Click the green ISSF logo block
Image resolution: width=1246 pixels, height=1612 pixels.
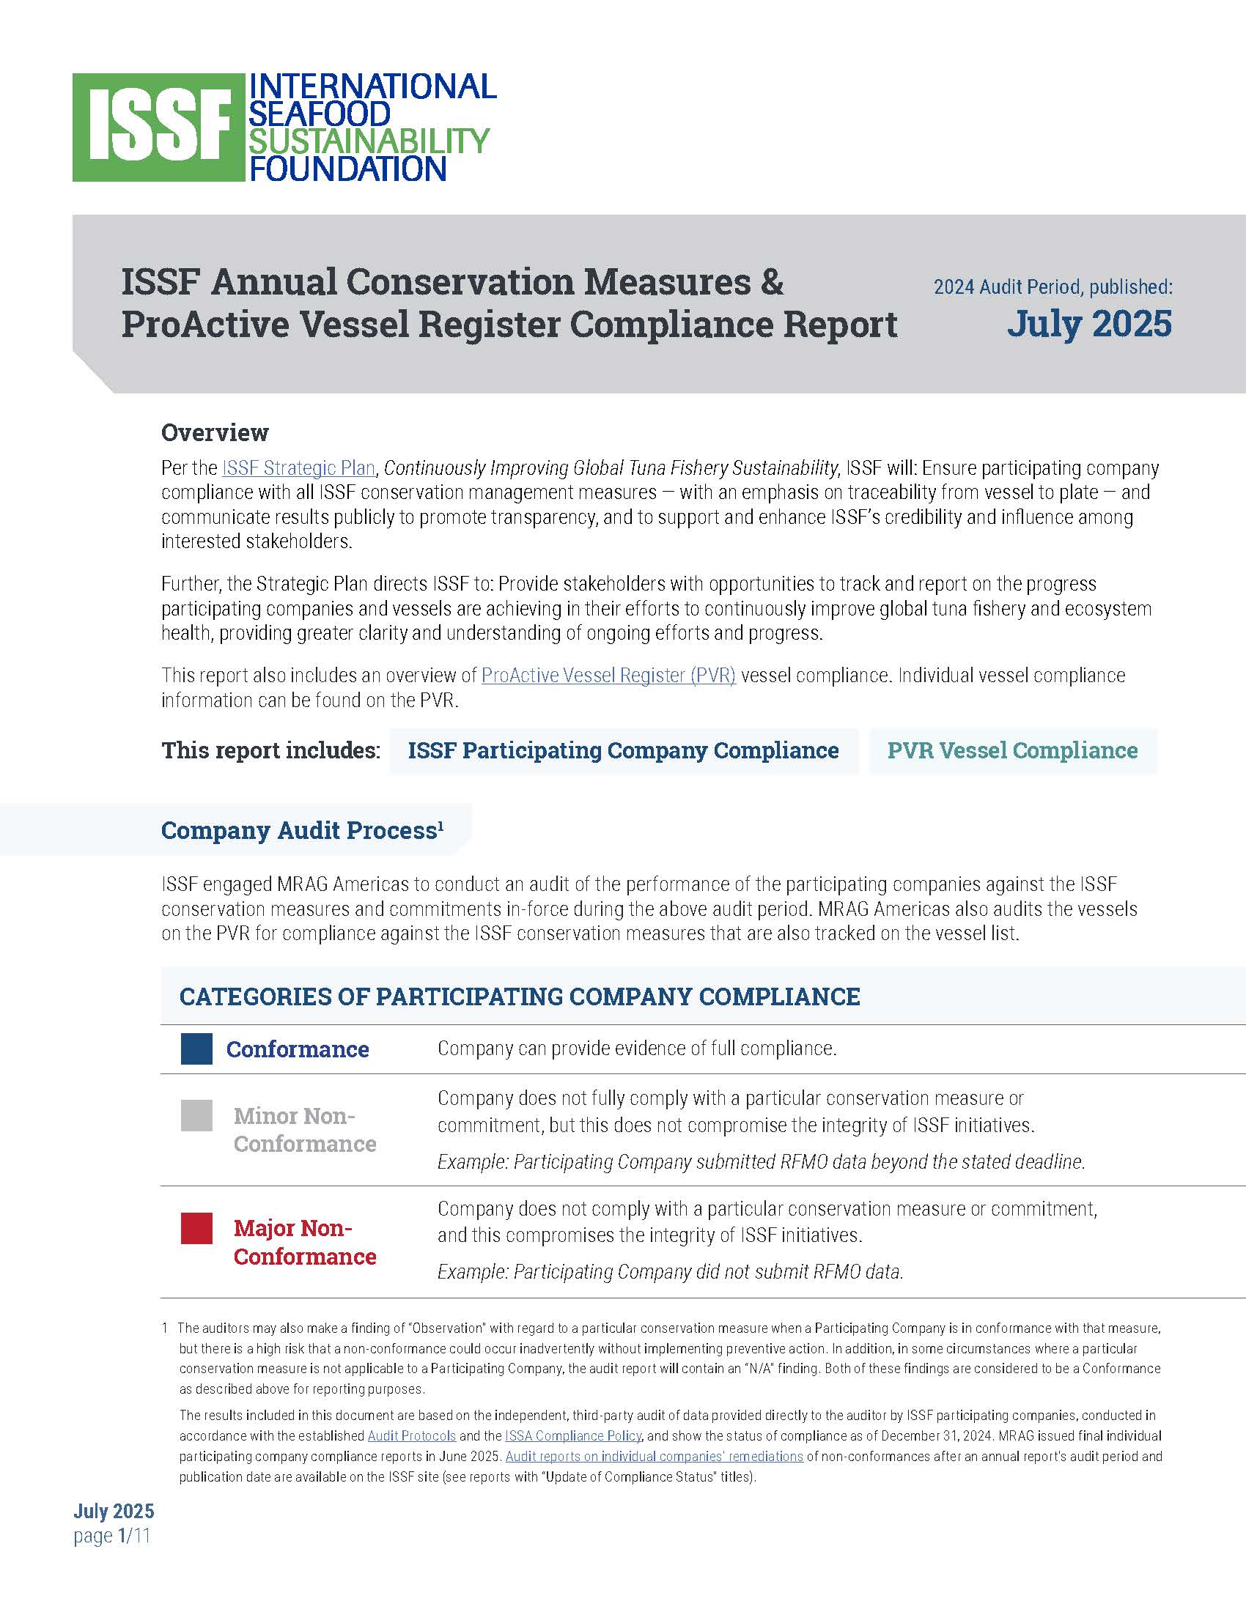(158, 127)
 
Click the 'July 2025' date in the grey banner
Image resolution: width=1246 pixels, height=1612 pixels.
(1088, 323)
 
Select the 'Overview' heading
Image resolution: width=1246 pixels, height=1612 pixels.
(215, 432)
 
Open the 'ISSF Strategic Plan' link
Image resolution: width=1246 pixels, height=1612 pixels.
(298, 468)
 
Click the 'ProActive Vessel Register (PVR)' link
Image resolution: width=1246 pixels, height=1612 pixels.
(608, 676)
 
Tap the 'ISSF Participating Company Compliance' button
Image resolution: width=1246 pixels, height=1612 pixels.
(623, 750)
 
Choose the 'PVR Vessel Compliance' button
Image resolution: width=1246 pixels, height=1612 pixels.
(1012, 750)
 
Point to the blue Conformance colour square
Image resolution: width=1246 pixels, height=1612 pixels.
(196, 1048)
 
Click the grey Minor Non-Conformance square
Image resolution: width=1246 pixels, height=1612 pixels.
(196, 1115)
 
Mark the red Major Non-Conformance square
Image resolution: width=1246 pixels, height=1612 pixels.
(196, 1228)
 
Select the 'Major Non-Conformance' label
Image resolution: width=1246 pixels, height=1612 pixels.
(304, 1242)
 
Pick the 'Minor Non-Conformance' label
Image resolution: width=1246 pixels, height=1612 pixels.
(304, 1129)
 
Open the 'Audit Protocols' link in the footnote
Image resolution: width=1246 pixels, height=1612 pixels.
(411, 1435)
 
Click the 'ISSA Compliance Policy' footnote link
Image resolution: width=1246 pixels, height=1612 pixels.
(573, 1435)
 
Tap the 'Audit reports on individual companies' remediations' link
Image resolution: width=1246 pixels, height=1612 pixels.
(654, 1456)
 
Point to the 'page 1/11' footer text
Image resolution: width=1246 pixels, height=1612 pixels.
(112, 1536)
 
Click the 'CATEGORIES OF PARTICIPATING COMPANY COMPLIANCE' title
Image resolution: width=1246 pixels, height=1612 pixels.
(520, 997)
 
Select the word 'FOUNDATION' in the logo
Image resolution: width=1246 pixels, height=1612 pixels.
(347, 169)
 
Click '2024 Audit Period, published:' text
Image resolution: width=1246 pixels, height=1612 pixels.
(1053, 287)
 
